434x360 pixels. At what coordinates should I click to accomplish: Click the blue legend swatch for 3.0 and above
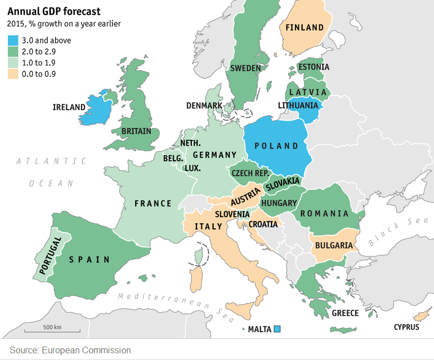(x=12, y=41)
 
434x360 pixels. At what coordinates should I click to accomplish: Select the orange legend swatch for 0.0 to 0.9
(x=12, y=74)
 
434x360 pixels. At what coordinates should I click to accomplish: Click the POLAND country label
(x=276, y=146)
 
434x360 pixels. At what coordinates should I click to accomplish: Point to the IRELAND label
(x=69, y=107)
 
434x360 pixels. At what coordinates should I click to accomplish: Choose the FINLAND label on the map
(x=304, y=27)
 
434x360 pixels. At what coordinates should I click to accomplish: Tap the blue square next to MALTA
(x=277, y=329)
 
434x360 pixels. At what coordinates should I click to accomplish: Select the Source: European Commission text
(x=70, y=350)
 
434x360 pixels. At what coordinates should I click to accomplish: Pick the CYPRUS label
(x=406, y=327)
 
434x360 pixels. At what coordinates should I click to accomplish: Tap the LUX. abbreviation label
(x=193, y=167)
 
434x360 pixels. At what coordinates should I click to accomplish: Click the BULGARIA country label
(x=334, y=245)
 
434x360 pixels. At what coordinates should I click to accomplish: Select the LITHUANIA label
(x=298, y=106)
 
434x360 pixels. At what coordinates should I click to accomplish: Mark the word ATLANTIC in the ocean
(x=51, y=161)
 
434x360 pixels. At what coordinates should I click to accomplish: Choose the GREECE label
(x=345, y=313)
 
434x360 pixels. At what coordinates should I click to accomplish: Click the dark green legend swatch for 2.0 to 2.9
(x=12, y=52)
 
